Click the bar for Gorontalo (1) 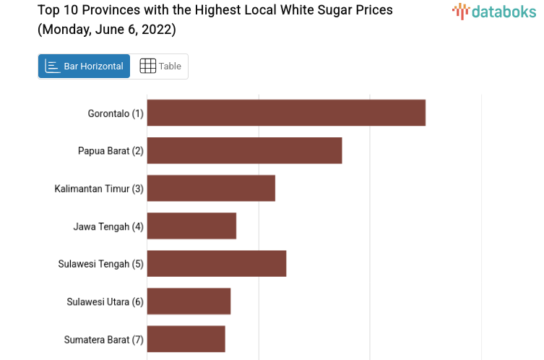coord(286,113)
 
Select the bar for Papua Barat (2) coord(244,150)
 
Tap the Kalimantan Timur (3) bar coord(211,188)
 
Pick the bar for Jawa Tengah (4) coord(191,226)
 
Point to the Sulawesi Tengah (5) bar coord(217,263)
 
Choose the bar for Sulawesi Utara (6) coord(189,301)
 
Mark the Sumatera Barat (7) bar coord(186,338)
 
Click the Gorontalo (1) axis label coord(116,113)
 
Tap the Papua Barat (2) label coord(111,151)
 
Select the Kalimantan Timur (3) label coord(99,189)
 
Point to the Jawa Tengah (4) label coord(108,226)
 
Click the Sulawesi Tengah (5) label coord(101,264)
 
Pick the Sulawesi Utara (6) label coord(105,301)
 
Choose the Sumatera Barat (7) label coord(104,339)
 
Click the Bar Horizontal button coord(84,66)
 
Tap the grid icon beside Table coord(147,66)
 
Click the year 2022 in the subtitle coord(157,30)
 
